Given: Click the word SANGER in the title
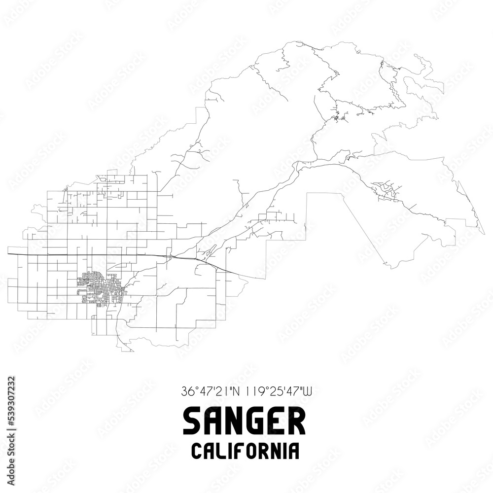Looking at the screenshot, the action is pos(244,423).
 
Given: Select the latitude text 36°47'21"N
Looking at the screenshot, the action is pos(209,392).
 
